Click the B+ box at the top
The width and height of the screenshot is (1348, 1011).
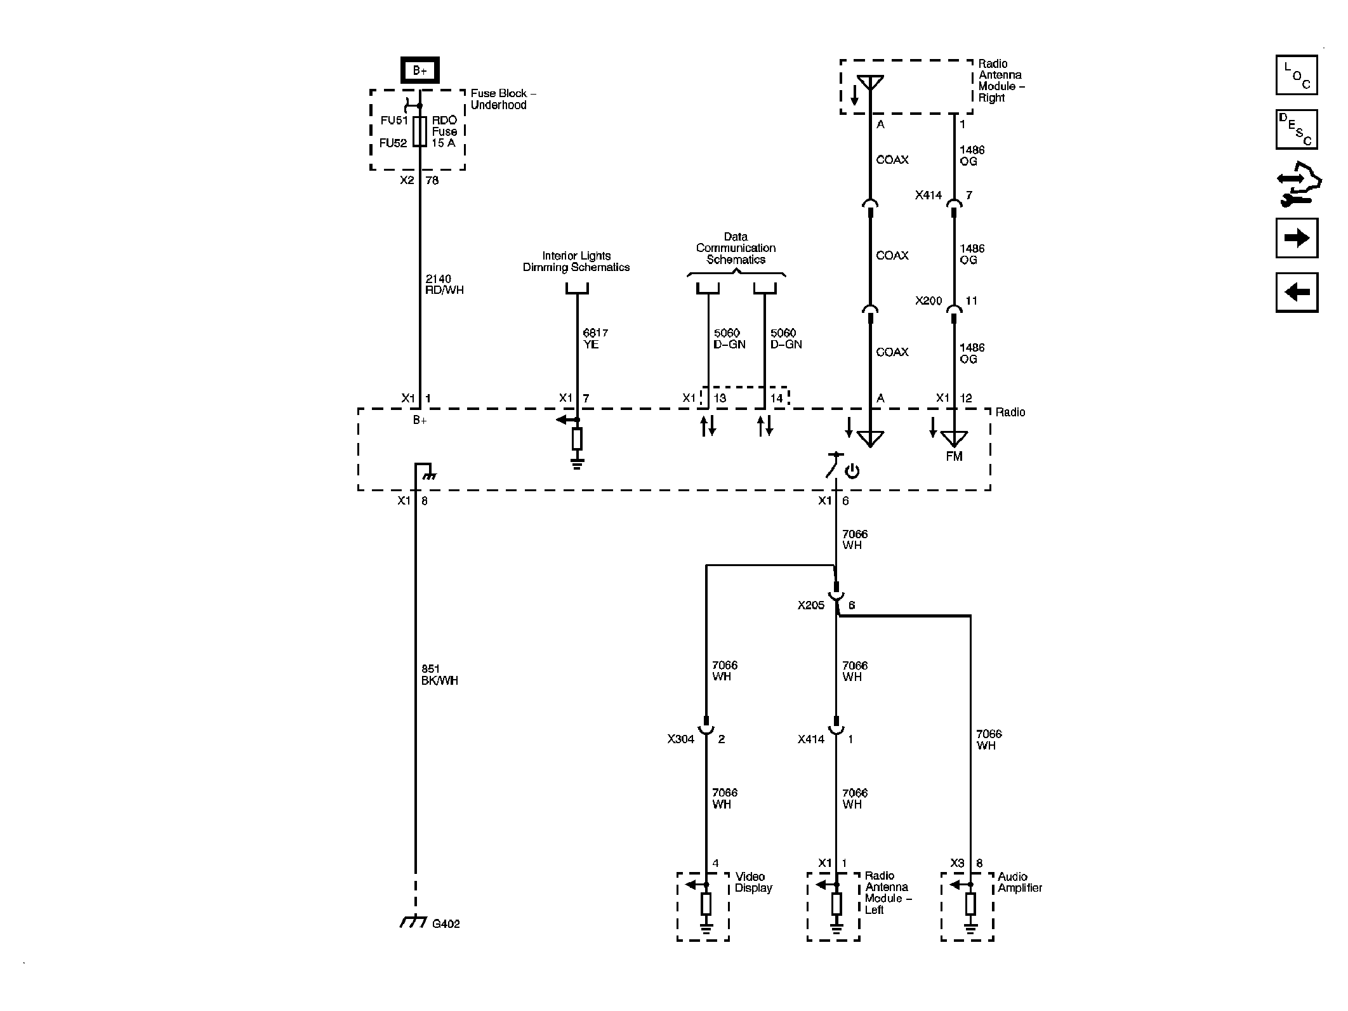420,70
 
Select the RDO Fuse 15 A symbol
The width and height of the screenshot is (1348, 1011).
420,131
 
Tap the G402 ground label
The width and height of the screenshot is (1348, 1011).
446,924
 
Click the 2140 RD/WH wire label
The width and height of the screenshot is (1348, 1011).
444,284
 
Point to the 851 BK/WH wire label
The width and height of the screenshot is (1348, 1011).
439,675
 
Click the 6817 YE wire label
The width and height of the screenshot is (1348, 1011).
595,338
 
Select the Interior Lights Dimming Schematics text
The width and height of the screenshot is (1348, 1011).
576,261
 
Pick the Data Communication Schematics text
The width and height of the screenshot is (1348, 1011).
736,248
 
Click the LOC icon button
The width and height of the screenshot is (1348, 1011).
1296,75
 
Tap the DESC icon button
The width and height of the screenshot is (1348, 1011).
1296,129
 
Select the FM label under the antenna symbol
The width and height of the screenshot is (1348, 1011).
953,456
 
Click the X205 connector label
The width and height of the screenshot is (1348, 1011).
810,605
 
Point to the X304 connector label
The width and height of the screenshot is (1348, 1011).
680,739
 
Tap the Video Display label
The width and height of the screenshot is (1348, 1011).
753,882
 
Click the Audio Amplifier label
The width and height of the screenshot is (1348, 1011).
1019,882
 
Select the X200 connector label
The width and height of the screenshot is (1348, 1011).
928,301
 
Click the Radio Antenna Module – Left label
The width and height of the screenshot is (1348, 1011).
887,892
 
